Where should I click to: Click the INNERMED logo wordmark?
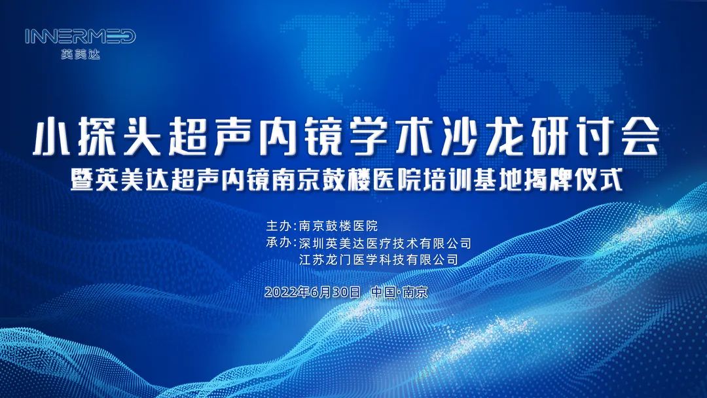[81, 37]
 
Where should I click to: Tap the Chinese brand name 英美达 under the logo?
[80, 55]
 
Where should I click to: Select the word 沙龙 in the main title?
[474, 137]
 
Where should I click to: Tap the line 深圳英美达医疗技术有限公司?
[384, 243]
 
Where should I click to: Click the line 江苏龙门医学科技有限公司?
[378, 260]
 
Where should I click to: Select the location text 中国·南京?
[399, 292]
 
